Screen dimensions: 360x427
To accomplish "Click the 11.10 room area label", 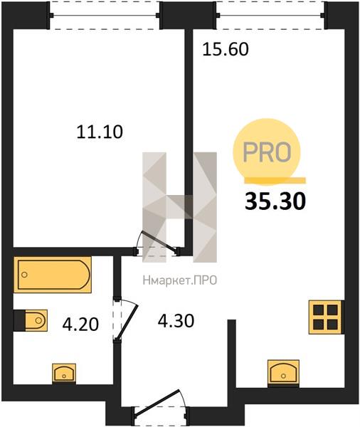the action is [x=100, y=132].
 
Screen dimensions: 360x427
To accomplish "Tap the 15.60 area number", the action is [x=226, y=50].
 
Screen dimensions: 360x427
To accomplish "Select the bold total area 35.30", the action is [x=275, y=201].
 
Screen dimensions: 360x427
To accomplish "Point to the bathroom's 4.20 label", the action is [x=80, y=325].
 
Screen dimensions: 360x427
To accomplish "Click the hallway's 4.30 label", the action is [x=176, y=321].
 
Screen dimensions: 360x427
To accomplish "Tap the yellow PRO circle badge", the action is [x=267, y=152].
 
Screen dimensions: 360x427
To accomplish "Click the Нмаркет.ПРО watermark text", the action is [x=180, y=280].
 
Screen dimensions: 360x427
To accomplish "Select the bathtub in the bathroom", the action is [x=52, y=275].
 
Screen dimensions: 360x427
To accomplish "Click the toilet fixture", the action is [x=31, y=320].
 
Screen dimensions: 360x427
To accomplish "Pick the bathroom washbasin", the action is [x=64, y=374].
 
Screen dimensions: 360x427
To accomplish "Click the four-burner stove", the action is [x=326, y=317].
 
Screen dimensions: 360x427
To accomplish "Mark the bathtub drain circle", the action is [x=24, y=275].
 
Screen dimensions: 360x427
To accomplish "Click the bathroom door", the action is [x=125, y=320].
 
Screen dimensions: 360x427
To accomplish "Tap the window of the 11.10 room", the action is [x=105, y=15].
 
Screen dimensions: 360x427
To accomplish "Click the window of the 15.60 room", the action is [x=270, y=15].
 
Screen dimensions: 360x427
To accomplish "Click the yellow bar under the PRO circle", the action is [x=275, y=180].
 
